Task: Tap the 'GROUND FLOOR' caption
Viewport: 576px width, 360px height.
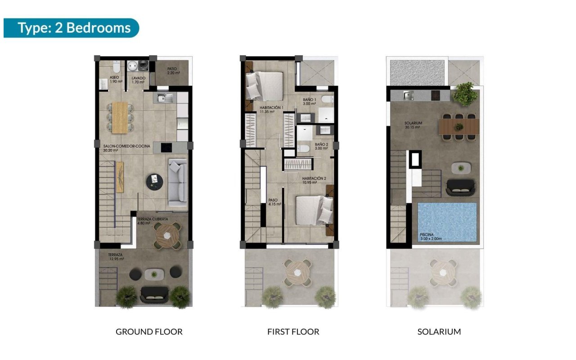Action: (x=149, y=332)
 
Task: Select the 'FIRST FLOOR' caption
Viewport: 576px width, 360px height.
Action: (x=293, y=332)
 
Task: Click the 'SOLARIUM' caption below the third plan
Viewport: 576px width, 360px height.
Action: (x=439, y=332)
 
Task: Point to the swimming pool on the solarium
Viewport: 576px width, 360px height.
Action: (x=447, y=222)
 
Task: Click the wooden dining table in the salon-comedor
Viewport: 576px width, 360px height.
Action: (x=120, y=117)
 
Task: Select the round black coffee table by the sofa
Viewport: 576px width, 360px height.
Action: (x=154, y=181)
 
